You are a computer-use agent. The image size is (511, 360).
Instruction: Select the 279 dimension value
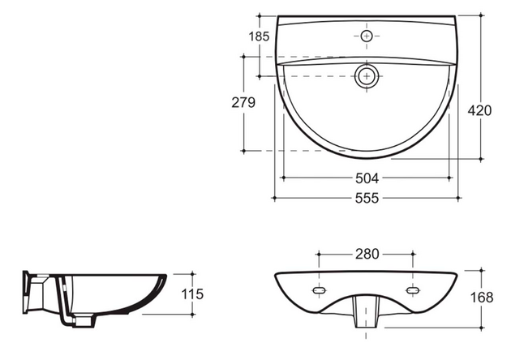[x=243, y=102]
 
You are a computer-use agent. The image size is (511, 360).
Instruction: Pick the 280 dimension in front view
[x=366, y=254]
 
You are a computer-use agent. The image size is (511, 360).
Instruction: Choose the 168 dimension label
[x=481, y=297]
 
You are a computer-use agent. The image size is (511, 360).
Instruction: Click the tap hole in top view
[x=367, y=36]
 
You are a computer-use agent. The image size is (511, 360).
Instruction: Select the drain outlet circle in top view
[x=367, y=77]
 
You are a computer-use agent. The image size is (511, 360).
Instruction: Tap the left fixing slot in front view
[x=320, y=289]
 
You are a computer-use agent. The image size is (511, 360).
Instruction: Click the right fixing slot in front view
[x=414, y=289]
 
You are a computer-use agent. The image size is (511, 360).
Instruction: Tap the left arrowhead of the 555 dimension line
[x=276, y=197]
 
